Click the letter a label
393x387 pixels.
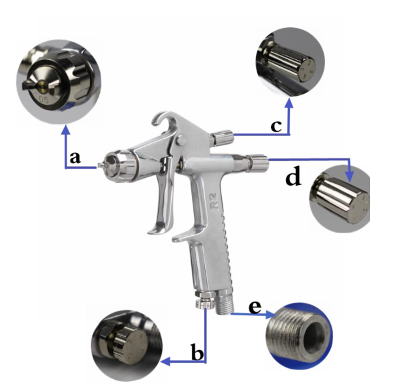coord(75,158)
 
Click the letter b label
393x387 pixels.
coord(197,352)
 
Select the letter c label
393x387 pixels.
coord(276,126)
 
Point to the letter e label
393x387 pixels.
coord(255,308)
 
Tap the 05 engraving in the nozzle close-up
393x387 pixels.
coord(44,100)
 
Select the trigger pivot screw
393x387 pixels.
coord(180,139)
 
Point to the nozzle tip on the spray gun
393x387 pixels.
coord(101,165)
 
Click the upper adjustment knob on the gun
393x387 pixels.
coord(222,137)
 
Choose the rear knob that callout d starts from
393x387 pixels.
coord(258,163)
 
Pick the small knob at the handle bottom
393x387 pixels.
coord(205,304)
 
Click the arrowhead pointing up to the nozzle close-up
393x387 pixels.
coord(66,130)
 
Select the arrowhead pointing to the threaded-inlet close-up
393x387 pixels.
coord(271,315)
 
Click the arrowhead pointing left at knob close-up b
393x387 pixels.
coord(165,362)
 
